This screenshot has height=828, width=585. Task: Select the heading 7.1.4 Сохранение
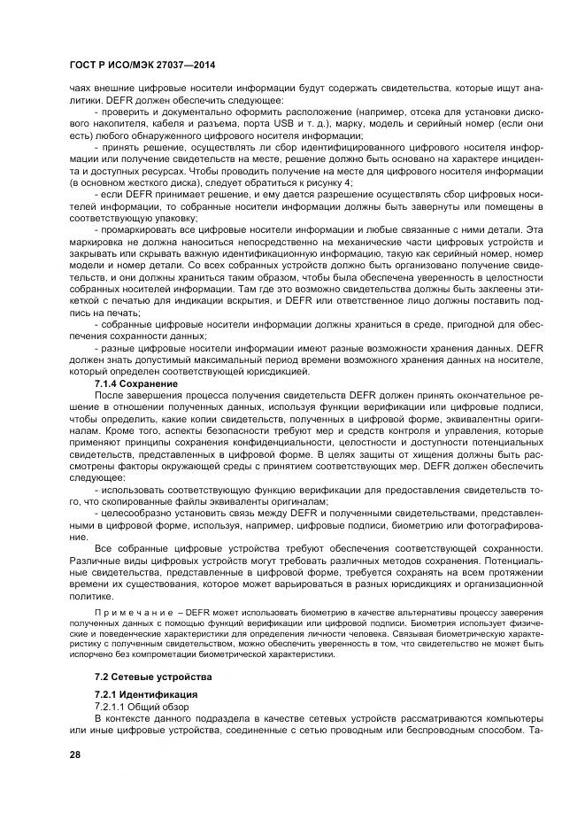[x=136, y=384]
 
